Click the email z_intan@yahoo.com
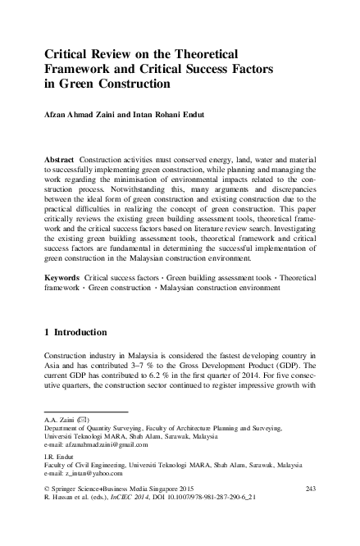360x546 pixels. tap(91, 473)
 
